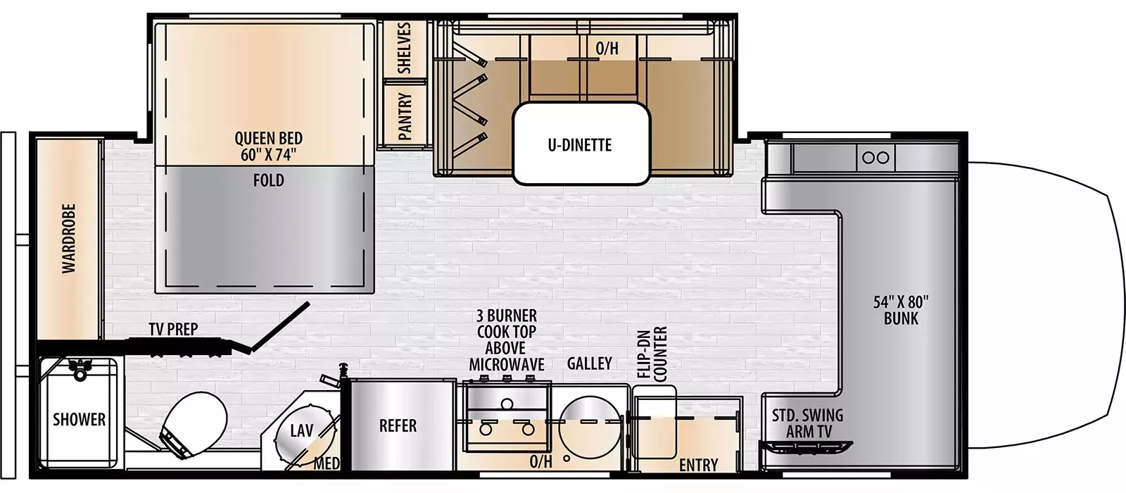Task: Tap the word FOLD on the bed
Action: point(268,180)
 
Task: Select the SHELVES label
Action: point(404,47)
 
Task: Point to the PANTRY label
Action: point(405,116)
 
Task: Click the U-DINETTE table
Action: point(580,144)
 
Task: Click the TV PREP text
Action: point(173,329)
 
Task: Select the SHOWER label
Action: point(79,420)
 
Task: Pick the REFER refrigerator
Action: point(398,425)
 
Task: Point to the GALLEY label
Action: point(589,363)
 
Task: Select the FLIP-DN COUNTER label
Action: point(652,354)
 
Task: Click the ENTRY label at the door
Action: point(698,465)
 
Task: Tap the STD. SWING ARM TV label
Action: point(807,423)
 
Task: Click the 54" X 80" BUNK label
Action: point(901,310)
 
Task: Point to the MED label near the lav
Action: point(327,463)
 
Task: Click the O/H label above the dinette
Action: point(607,49)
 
